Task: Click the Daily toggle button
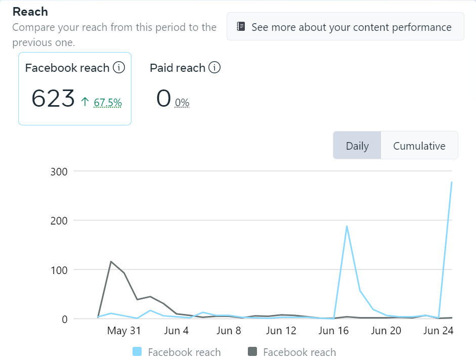357,146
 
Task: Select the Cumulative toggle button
419,146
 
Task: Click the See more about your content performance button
345,27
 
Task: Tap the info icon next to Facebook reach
119,67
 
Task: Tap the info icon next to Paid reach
214,67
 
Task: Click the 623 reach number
53,98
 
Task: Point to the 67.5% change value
108,103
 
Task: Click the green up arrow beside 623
85,102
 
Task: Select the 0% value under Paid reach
182,103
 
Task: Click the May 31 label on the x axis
124,331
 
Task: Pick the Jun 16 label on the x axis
334,331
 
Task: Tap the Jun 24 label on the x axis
438,331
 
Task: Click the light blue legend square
137,352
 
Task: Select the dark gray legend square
252,352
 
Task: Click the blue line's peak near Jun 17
347,226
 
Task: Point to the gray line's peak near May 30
111,261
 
